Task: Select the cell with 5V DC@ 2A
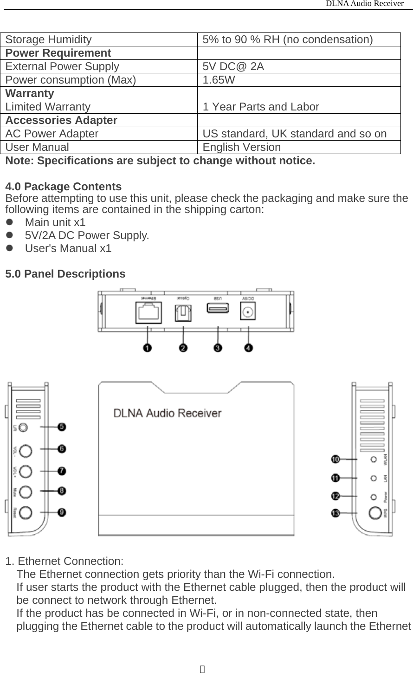click(x=233, y=66)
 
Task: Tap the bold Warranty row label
click(x=30, y=93)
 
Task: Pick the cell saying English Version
click(x=241, y=147)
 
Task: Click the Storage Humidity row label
click(x=49, y=39)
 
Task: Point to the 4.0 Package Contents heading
click(x=64, y=187)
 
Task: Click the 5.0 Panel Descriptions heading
click(x=65, y=274)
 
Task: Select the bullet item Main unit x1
click(x=55, y=222)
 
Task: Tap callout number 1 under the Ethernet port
click(x=148, y=348)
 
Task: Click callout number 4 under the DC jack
click(x=249, y=348)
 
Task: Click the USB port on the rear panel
click(x=217, y=308)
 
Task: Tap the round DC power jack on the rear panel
click(x=248, y=312)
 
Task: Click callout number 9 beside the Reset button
click(x=61, y=512)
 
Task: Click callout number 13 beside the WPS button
click(x=335, y=513)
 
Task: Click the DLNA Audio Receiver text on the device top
click(x=168, y=413)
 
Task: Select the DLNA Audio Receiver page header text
click(x=364, y=4)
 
